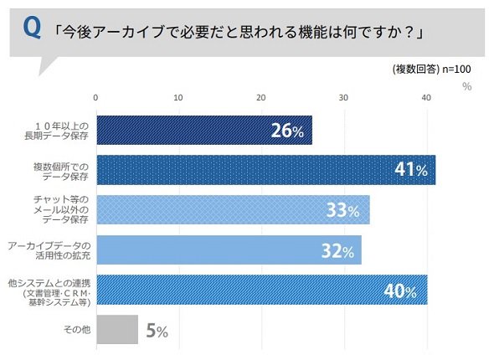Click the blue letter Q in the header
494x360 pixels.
pos(32,28)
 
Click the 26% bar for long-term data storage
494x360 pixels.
pos(204,130)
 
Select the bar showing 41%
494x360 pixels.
pos(266,170)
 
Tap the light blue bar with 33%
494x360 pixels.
pos(233,210)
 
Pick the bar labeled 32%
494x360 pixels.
pos(229,249)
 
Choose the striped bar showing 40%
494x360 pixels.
pos(262,290)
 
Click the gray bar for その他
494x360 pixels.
pos(117,330)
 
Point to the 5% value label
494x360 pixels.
pos(157,331)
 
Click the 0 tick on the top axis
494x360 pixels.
pos(95,98)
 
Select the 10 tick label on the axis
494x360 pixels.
pos(178,98)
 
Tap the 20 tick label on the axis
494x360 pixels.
pos(261,98)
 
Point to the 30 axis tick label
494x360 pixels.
pos(343,98)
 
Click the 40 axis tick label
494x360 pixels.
pos(426,98)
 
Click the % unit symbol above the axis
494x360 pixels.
pos(467,86)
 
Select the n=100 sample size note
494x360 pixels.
pos(456,69)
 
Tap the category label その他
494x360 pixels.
pos(77,330)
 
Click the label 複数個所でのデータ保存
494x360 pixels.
pos(61,172)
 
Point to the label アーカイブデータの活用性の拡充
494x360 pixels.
pos(49,250)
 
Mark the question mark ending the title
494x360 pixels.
pos(409,33)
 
